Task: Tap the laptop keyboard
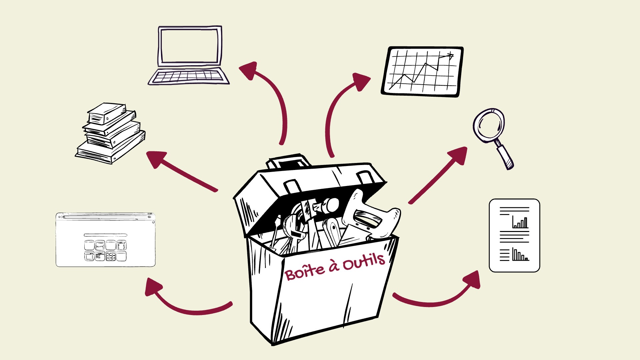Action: [x=189, y=76]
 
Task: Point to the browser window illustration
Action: [x=105, y=240]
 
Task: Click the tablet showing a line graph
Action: [x=422, y=72]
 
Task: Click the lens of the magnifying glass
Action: [x=489, y=125]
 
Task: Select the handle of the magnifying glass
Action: [x=505, y=156]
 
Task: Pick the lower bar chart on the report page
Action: [x=520, y=255]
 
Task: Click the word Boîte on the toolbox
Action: [x=305, y=272]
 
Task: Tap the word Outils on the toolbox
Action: [x=364, y=262]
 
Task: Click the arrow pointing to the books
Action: [x=180, y=171]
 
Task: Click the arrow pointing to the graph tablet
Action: [x=340, y=107]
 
